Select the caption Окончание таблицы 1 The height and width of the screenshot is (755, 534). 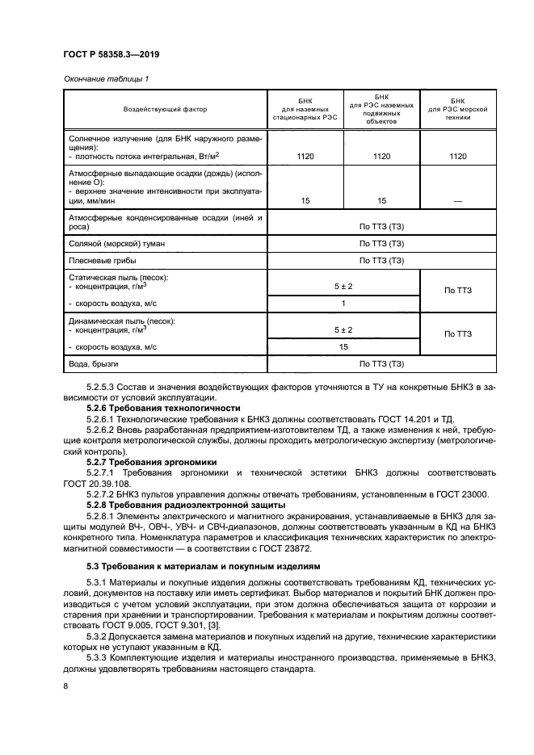click(103, 78)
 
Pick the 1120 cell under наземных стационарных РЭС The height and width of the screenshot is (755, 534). click(305, 156)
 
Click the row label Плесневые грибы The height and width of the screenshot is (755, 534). click(102, 260)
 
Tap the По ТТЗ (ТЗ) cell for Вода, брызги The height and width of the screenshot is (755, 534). click(381, 363)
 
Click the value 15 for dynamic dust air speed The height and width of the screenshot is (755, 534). click(343, 346)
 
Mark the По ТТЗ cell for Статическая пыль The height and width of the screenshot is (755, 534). click(458, 289)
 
